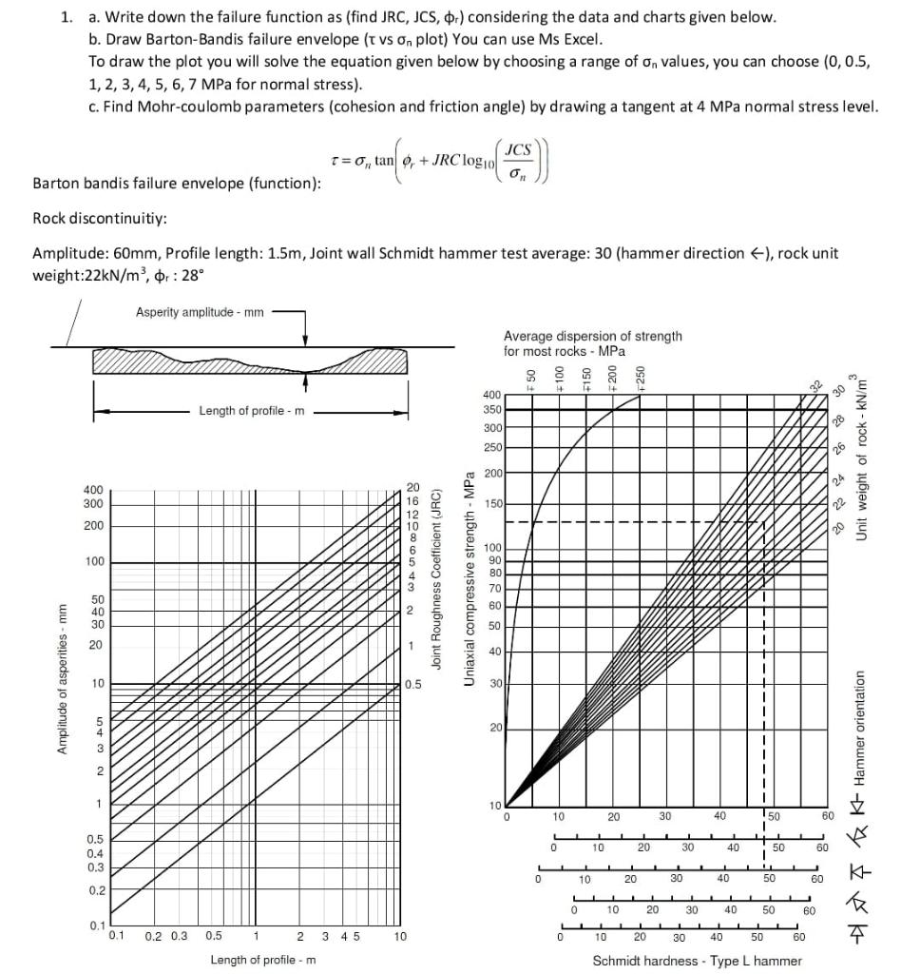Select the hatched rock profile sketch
point(249,361)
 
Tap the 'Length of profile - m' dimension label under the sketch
point(252,411)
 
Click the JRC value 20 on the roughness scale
point(412,486)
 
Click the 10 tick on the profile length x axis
point(400,937)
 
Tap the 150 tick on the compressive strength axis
point(492,503)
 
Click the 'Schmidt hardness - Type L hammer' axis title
point(698,961)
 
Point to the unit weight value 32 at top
point(814,386)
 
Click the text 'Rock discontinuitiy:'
point(100,218)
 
